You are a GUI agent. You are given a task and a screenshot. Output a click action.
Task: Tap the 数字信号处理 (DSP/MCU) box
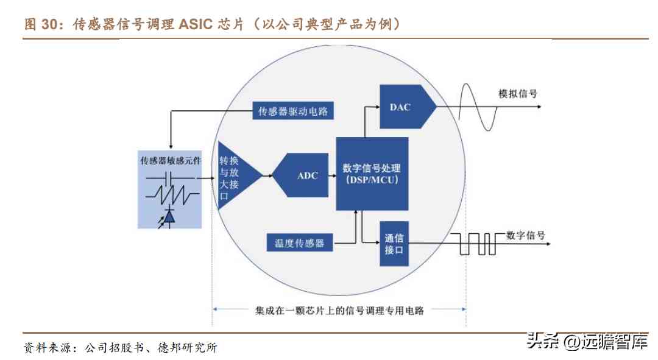pyautogui.click(x=372, y=174)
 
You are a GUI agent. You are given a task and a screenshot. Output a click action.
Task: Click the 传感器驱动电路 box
pyautogui.click(x=293, y=111)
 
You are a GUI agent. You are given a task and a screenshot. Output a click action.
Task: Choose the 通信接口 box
pyautogui.click(x=394, y=244)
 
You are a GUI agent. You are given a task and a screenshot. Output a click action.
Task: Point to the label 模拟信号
pyautogui.click(x=518, y=94)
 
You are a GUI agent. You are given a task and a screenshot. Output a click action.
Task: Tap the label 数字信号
pyautogui.click(x=525, y=235)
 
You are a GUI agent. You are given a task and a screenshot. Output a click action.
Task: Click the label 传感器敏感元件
pyautogui.click(x=170, y=161)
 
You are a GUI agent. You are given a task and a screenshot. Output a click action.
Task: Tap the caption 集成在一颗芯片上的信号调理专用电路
pyautogui.click(x=339, y=310)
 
